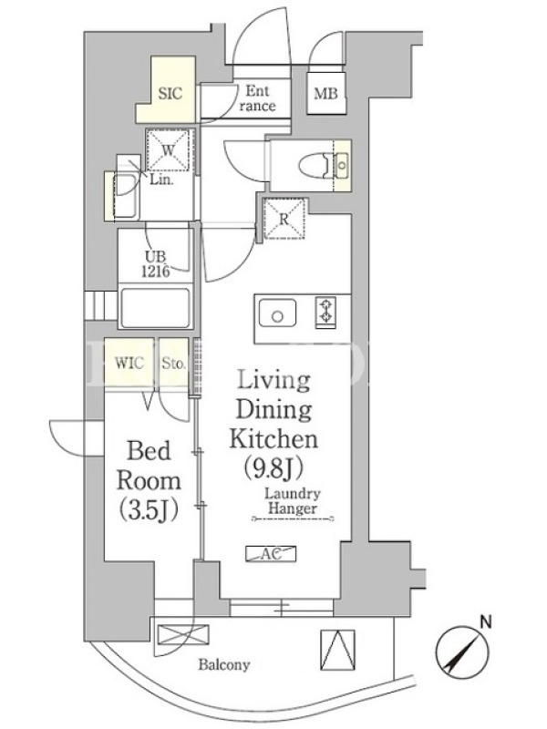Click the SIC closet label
(170, 94)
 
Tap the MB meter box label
(325, 94)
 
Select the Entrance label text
(257, 98)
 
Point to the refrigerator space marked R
(284, 219)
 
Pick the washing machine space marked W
(168, 150)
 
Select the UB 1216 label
(155, 263)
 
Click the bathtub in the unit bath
(155, 308)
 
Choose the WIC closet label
(129, 363)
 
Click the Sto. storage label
(173, 363)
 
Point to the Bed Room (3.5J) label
(149, 481)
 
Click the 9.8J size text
(273, 468)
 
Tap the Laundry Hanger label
(293, 500)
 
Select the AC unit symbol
(271, 553)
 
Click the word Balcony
(223, 664)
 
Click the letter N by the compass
(486, 621)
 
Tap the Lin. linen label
(161, 180)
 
